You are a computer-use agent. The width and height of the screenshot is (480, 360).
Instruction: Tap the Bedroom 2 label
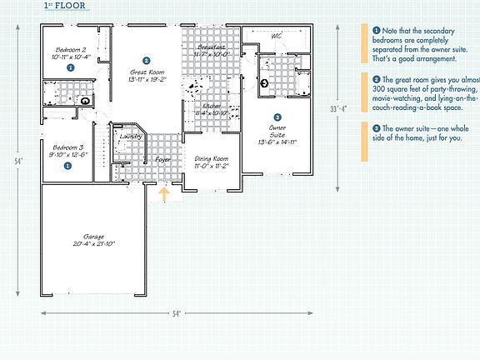pos(71,50)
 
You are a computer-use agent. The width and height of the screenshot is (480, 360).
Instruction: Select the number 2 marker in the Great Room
pos(146,61)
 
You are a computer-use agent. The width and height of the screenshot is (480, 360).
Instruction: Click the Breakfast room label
pos(210,47)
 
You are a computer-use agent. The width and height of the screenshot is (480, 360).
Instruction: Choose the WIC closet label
pos(276,36)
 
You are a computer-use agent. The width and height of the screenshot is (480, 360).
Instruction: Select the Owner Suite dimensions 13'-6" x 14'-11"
pos(277,142)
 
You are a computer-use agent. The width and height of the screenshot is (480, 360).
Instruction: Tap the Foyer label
pos(162,158)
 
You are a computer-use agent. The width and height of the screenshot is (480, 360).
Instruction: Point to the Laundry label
pos(131,135)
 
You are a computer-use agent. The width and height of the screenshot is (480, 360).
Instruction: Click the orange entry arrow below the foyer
pos(164,194)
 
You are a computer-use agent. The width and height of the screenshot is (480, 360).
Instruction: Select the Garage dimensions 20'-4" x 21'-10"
pos(93,243)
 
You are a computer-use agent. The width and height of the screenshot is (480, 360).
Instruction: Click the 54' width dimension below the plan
pos(177,313)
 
